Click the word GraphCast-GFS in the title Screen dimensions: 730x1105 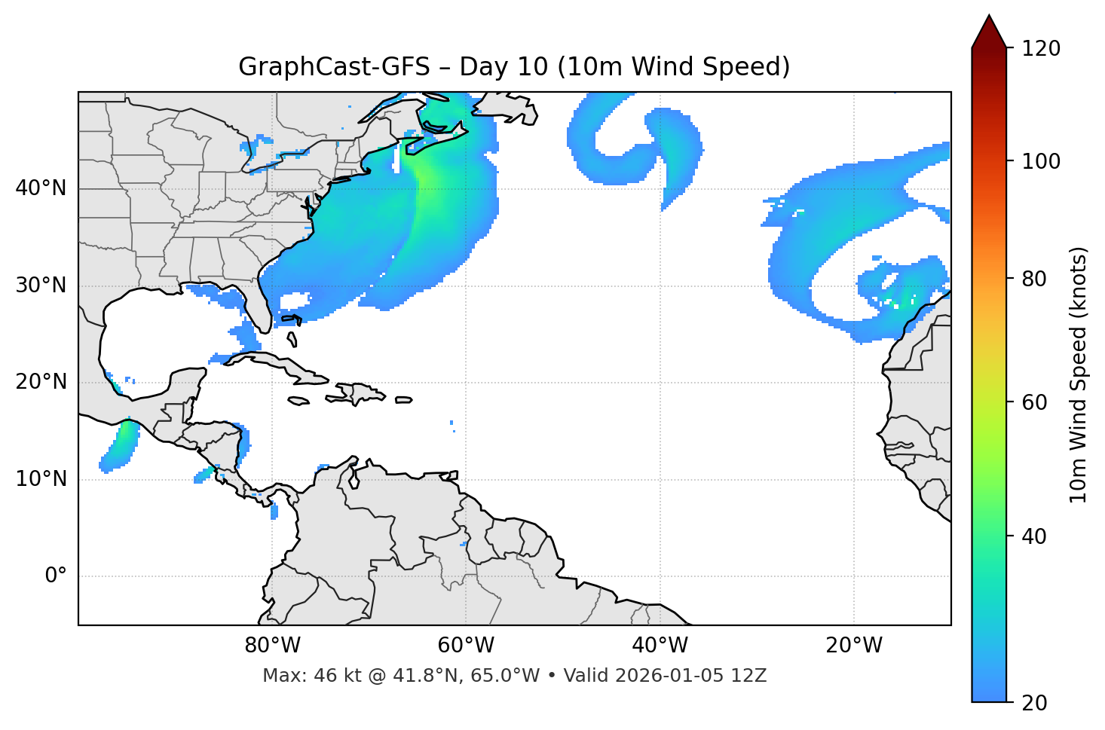[x=334, y=67]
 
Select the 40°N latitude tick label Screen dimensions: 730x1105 [x=41, y=188]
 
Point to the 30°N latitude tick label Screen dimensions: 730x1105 [x=41, y=286]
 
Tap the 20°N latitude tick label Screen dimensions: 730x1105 [x=41, y=382]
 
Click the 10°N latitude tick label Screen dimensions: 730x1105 [x=41, y=479]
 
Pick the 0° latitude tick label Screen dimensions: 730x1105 [x=56, y=576]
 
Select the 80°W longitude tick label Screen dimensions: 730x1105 [x=272, y=646]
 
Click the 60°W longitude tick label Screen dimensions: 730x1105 [x=466, y=646]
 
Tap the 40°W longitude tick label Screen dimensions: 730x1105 [x=660, y=646]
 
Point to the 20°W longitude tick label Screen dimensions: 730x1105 [x=854, y=646]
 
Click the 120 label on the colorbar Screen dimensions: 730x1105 [x=1041, y=49]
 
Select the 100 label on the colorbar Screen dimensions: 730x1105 [x=1041, y=161]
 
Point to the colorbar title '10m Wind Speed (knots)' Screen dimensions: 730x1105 [x=1079, y=374]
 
